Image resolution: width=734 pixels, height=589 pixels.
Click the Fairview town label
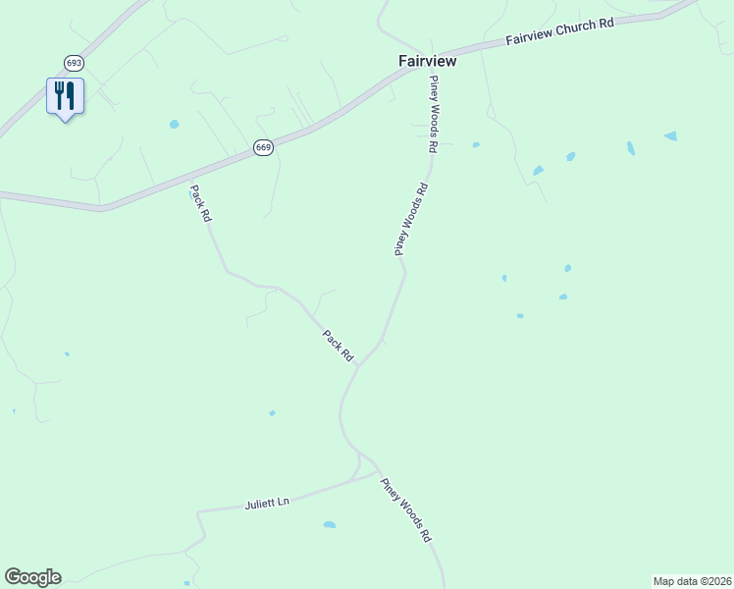point(427,61)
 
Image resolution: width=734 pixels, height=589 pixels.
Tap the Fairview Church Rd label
point(559,32)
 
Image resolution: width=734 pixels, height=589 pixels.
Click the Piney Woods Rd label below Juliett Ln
point(406,506)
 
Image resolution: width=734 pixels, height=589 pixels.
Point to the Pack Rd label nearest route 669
point(200,203)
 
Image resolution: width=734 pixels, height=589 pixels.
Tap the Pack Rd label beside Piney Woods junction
point(338,345)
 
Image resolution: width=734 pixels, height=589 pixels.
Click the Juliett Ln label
point(267,504)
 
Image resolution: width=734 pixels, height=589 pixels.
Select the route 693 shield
point(74,63)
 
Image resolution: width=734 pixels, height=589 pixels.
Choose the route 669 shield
point(263,147)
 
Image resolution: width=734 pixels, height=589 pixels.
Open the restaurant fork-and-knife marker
point(65,96)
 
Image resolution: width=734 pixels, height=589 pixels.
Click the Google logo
point(32,577)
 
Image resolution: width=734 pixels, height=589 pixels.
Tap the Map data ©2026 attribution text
point(692,580)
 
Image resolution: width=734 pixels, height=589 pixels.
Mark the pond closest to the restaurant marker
point(174,125)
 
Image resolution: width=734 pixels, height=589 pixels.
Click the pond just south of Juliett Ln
point(329,524)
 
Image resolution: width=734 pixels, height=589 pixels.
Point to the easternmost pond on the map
point(670,135)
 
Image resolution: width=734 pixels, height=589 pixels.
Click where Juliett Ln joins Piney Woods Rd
point(380,471)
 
